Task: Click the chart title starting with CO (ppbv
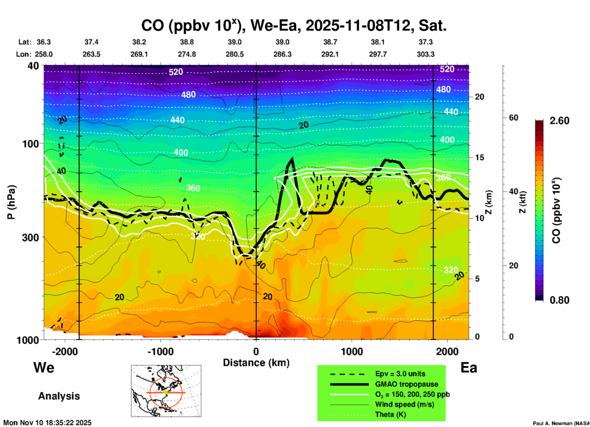[x=293, y=25]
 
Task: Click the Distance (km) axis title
[x=256, y=363]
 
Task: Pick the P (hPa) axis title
[x=11, y=202]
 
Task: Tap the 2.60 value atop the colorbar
[x=559, y=121]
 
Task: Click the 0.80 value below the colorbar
[x=559, y=300]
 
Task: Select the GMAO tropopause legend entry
[x=407, y=384]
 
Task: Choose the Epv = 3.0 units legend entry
[x=400, y=374]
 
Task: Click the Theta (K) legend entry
[x=390, y=414]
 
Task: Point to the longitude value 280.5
[x=235, y=54]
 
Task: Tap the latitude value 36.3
[x=43, y=42]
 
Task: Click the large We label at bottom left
[x=44, y=367]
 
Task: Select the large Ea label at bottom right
[x=468, y=368]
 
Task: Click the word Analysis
[x=59, y=396]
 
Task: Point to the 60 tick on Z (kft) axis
[x=513, y=118]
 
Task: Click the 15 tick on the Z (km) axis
[x=479, y=157]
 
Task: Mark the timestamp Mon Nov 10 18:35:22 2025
[x=47, y=423]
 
